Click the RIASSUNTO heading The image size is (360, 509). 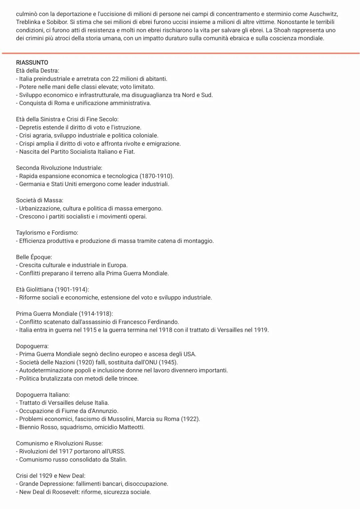click(32, 62)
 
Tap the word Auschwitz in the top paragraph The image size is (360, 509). click(323, 14)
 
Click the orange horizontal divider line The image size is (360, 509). click(180, 53)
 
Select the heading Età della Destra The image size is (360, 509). click(37, 70)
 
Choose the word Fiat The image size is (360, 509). click(128, 152)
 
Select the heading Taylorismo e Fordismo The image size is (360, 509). click(47, 232)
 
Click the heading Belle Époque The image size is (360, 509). click(34, 257)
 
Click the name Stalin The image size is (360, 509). click(118, 459)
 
